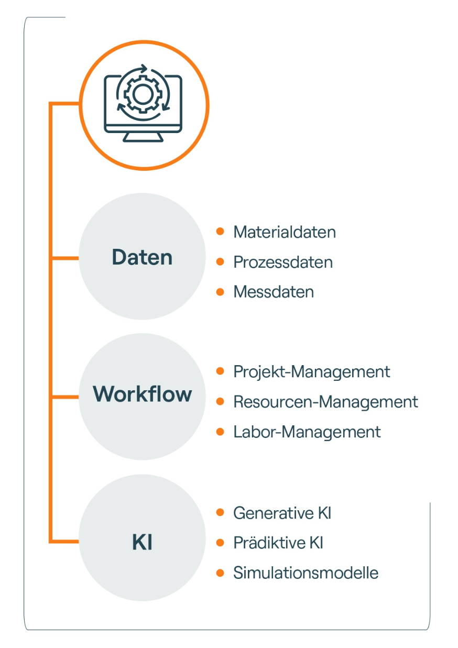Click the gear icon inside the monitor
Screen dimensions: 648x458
click(x=142, y=94)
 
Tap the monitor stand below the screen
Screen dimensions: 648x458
click(x=143, y=137)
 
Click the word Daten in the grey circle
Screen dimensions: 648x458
click(x=142, y=257)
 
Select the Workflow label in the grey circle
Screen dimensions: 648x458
click(x=142, y=394)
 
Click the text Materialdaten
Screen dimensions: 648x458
click(x=285, y=232)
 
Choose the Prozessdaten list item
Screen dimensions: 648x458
click(x=283, y=261)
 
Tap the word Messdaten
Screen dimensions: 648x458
click(x=274, y=292)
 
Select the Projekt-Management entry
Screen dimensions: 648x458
click(x=312, y=371)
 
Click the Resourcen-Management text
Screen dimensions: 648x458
click(x=325, y=402)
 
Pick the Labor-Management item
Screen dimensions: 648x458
click(x=307, y=432)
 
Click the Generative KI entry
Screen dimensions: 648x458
click(x=282, y=513)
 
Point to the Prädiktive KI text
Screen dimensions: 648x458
click(x=278, y=543)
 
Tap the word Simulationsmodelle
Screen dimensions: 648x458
click(x=306, y=573)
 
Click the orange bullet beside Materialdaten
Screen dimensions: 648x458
click(x=221, y=231)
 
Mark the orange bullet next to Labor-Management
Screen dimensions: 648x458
click(x=221, y=432)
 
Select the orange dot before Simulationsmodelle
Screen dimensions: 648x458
click(x=221, y=573)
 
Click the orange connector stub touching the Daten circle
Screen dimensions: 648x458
click(x=65, y=258)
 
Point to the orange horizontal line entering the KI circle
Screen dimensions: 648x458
click(x=65, y=541)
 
